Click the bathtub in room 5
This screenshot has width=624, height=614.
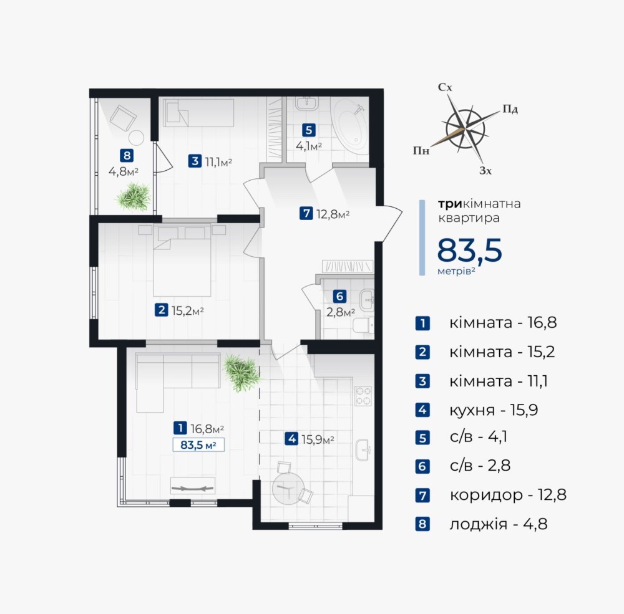pos(351,128)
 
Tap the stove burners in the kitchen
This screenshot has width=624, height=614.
pos(363,396)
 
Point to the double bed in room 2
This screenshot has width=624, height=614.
pos(182,262)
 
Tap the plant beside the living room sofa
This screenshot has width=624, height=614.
pos(241,373)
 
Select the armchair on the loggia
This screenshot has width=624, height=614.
pos(123,118)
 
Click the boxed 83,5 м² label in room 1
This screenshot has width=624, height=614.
pos(198,444)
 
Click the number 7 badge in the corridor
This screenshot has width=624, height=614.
pos(306,214)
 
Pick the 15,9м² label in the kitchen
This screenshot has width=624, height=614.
pos(318,439)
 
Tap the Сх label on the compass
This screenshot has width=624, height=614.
pos(445,87)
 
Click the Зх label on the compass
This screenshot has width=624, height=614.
pos(485,171)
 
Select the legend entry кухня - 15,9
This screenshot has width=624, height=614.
pos(494,410)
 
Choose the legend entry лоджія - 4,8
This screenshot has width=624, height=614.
pos(499,524)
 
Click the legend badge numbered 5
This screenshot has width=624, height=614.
pos(422,438)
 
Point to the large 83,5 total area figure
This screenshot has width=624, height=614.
pos(470,250)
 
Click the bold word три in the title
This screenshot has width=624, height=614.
pos(450,204)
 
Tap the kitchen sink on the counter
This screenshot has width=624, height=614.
pos(363,450)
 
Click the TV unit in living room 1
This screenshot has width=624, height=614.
pos(193,486)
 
